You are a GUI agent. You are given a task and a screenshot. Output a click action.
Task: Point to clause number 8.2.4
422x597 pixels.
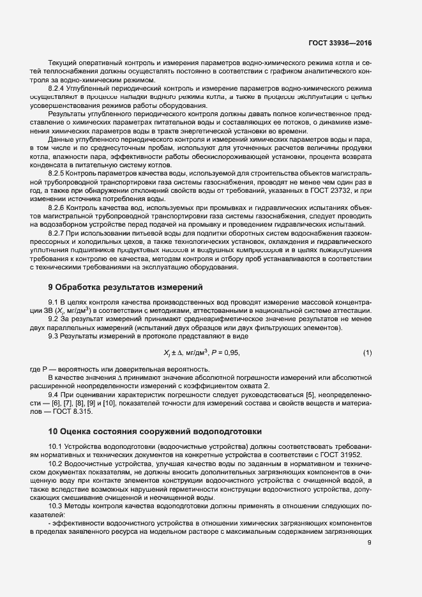tap(57, 88)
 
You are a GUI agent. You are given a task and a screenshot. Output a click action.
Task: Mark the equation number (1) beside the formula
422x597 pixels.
tap(367, 352)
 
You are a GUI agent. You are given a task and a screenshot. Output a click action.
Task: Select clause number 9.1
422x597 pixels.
tap(54, 301)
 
